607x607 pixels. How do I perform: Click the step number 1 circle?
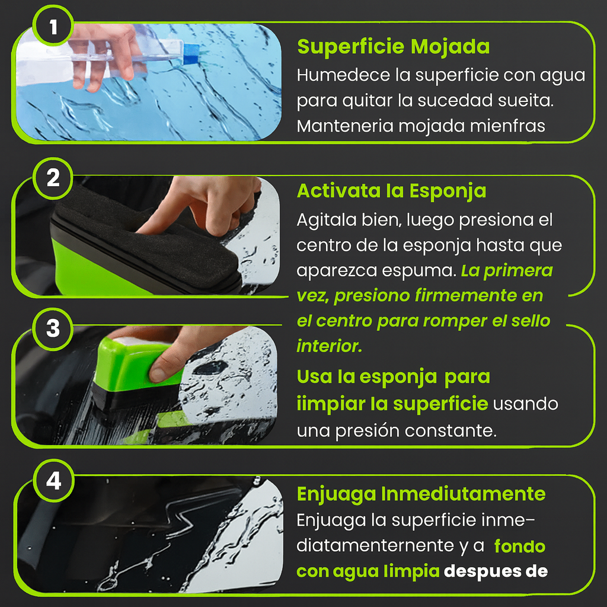pyautogui.click(x=53, y=27)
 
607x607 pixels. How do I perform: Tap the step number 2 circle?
pyautogui.click(x=53, y=178)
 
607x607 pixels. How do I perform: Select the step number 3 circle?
pyautogui.click(x=53, y=328)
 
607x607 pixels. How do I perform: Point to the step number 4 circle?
pyautogui.click(x=53, y=481)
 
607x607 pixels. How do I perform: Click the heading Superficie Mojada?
pyautogui.click(x=393, y=47)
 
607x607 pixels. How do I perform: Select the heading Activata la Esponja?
pyautogui.click(x=391, y=191)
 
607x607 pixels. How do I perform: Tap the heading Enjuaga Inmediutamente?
pyautogui.click(x=421, y=494)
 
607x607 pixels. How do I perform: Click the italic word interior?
pyautogui.click(x=329, y=346)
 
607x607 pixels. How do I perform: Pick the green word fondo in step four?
pyautogui.click(x=519, y=546)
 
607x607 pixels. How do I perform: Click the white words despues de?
pyautogui.click(x=496, y=571)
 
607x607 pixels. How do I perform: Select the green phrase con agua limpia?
pyautogui.click(x=368, y=571)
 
